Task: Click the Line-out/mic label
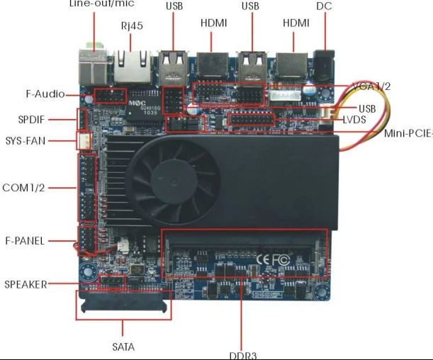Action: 101,4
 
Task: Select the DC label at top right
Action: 324,7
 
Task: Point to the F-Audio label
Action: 45,94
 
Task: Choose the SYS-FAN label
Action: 26,140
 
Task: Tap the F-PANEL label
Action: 26,241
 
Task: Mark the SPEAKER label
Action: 26,284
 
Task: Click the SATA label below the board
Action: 123,347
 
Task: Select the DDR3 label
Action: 242,354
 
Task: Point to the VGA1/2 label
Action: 371,86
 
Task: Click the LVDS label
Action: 354,120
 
